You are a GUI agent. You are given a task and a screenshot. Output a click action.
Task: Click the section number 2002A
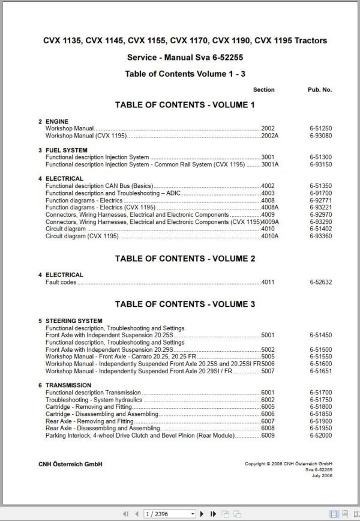269,136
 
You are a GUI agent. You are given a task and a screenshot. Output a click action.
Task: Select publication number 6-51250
321,129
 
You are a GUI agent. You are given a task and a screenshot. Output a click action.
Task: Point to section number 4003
268,193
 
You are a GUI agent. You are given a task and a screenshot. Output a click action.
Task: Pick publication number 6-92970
321,215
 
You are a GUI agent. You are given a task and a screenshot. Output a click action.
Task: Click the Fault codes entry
61,282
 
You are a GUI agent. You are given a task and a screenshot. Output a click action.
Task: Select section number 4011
268,282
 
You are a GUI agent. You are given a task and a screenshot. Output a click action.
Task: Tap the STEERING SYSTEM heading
74,321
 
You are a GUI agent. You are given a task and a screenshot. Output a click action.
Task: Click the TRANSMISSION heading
68,385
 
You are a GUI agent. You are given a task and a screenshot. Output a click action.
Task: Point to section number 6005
268,407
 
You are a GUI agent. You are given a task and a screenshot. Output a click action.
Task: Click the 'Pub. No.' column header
319,90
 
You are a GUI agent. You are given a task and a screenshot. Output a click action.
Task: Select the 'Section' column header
263,90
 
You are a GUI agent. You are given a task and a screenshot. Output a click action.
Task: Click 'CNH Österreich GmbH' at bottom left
70,464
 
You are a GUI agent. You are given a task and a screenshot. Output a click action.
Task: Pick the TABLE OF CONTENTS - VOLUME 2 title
185,259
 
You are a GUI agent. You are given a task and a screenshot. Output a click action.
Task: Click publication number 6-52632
321,282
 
